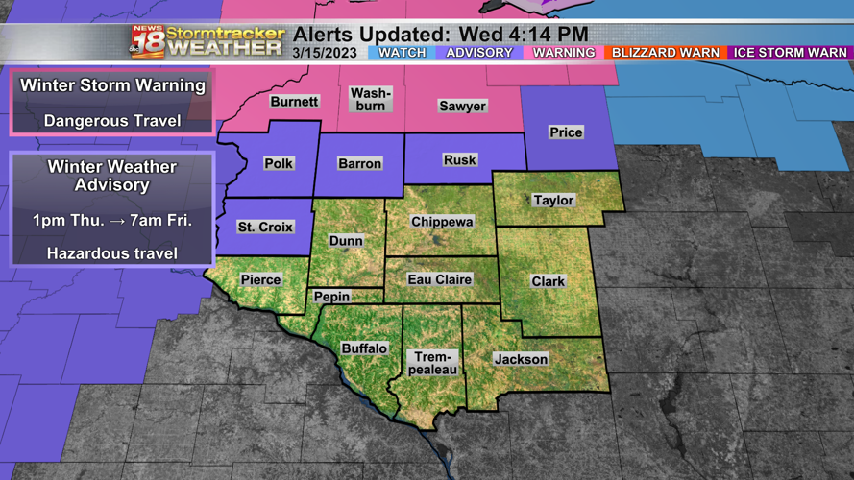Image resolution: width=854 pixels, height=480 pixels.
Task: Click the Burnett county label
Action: click(294, 102)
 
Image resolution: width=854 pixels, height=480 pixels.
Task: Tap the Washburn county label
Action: click(371, 99)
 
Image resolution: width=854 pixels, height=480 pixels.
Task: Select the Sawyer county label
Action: click(462, 106)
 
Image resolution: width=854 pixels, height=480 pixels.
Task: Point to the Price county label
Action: click(566, 132)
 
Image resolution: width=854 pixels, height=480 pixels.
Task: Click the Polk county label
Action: click(279, 163)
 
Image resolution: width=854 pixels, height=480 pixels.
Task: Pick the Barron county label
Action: click(360, 164)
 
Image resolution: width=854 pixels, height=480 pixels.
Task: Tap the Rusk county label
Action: click(459, 160)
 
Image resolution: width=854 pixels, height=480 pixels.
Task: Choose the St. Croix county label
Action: click(265, 228)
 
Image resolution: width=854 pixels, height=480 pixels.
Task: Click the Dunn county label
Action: click(346, 240)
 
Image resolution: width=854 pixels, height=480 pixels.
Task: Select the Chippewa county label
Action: click(442, 222)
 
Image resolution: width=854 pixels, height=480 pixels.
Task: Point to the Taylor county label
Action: click(553, 201)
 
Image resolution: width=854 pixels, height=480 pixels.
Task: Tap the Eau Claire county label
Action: click(440, 279)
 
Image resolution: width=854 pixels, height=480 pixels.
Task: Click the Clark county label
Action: click(549, 281)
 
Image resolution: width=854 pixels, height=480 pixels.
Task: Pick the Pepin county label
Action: click(332, 297)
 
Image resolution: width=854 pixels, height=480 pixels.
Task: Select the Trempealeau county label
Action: click(432, 363)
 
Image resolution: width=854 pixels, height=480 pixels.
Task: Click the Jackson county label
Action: click(521, 359)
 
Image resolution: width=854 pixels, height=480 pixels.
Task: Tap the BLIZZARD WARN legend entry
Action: click(665, 53)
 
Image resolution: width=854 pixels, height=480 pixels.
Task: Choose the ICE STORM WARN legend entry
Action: click(790, 53)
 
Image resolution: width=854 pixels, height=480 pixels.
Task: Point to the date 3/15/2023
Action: click(326, 53)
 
